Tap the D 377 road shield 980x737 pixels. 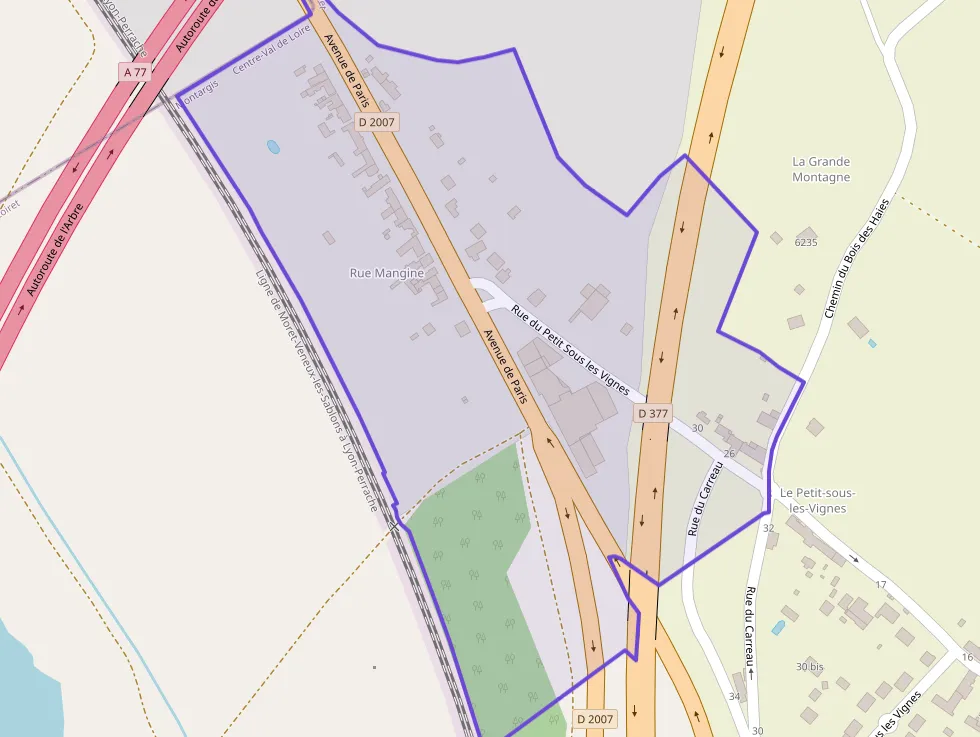point(652,413)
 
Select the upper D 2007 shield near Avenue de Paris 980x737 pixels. point(377,122)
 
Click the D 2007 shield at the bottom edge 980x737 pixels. point(595,719)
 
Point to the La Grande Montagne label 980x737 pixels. point(821,169)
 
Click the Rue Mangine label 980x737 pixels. point(387,273)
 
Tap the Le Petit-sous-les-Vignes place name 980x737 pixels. point(817,500)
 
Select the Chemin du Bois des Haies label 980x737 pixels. point(856,259)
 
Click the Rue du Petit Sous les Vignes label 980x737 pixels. point(569,351)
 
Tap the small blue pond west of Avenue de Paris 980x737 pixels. point(273,147)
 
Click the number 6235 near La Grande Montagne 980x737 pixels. point(806,242)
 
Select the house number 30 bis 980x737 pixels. point(810,666)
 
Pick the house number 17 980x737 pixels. point(881,584)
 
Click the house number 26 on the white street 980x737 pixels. point(729,454)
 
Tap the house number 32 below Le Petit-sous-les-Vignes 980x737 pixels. point(768,528)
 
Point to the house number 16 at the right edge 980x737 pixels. point(967,657)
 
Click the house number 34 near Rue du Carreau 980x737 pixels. point(735,697)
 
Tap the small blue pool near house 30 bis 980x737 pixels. point(778,627)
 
